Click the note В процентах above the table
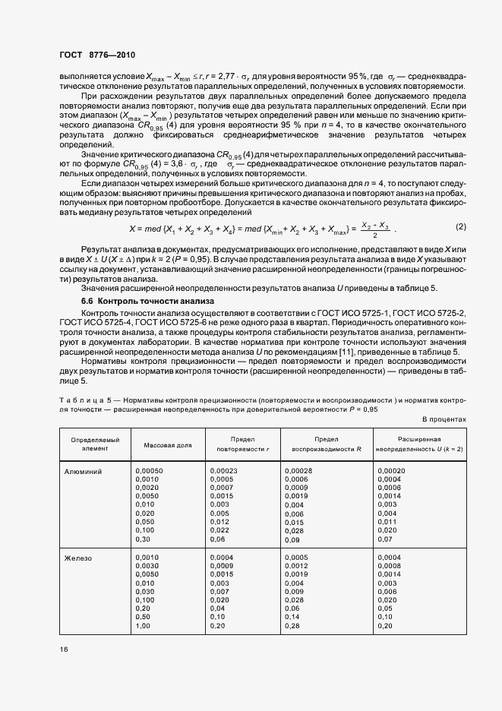[x=444, y=419]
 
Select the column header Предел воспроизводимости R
[x=327, y=444]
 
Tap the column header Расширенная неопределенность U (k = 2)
[x=418, y=444]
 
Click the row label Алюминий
[x=87, y=471]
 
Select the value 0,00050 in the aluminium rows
[x=149, y=471]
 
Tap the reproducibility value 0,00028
[x=298, y=471]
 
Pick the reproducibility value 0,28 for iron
[x=292, y=626]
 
